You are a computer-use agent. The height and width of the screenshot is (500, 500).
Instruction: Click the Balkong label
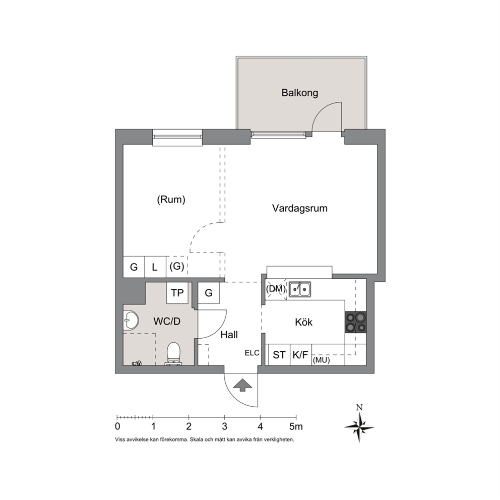click(x=300, y=93)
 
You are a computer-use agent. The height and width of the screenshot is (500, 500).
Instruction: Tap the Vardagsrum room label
click(x=300, y=208)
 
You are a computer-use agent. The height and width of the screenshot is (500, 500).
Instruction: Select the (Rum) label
click(x=171, y=200)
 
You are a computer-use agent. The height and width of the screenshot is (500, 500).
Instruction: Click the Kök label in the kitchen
click(x=303, y=322)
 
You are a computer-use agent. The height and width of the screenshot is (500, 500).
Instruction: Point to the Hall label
click(x=229, y=335)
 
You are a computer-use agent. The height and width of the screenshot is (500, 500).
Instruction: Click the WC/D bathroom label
click(x=167, y=321)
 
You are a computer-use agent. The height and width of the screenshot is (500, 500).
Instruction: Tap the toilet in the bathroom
click(x=173, y=353)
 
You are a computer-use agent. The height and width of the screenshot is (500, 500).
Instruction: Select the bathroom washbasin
click(x=131, y=320)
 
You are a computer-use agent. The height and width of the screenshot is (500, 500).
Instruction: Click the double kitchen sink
click(x=299, y=289)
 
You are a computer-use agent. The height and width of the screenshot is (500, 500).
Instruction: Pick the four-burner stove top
click(x=355, y=322)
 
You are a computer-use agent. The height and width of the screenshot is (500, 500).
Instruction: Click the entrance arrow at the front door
click(x=242, y=385)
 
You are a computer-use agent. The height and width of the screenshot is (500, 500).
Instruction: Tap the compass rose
click(x=359, y=426)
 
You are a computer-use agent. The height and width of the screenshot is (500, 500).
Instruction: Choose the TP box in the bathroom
click(x=177, y=293)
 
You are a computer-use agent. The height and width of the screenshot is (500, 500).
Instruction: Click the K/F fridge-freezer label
click(x=300, y=355)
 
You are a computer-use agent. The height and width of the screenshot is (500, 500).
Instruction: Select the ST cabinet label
click(x=279, y=355)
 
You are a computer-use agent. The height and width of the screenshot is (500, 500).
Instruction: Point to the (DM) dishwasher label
click(x=276, y=289)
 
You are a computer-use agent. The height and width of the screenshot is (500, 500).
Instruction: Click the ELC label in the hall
click(x=252, y=353)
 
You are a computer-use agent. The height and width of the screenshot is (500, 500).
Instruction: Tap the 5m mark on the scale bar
click(x=296, y=426)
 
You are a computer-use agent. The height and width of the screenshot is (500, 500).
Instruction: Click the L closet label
click(x=155, y=267)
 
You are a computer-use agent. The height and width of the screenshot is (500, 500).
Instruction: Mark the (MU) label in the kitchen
click(x=322, y=360)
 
